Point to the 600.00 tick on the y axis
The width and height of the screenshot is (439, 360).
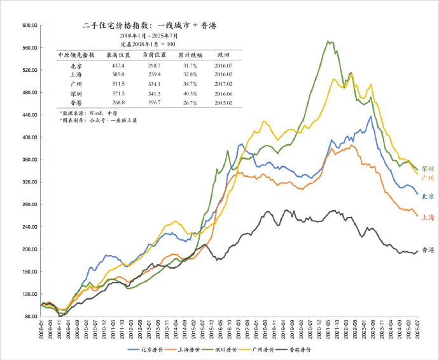[31, 26]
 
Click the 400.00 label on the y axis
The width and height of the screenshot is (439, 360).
[31, 137]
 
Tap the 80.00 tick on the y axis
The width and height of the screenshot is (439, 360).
[32, 316]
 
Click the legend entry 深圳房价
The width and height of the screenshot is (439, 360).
[233, 350]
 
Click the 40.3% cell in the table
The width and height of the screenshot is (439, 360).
[187, 93]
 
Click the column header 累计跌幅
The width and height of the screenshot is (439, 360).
[187, 55]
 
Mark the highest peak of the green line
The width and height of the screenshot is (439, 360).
[328, 41]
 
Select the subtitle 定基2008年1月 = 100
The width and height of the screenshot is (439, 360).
[148, 45]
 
